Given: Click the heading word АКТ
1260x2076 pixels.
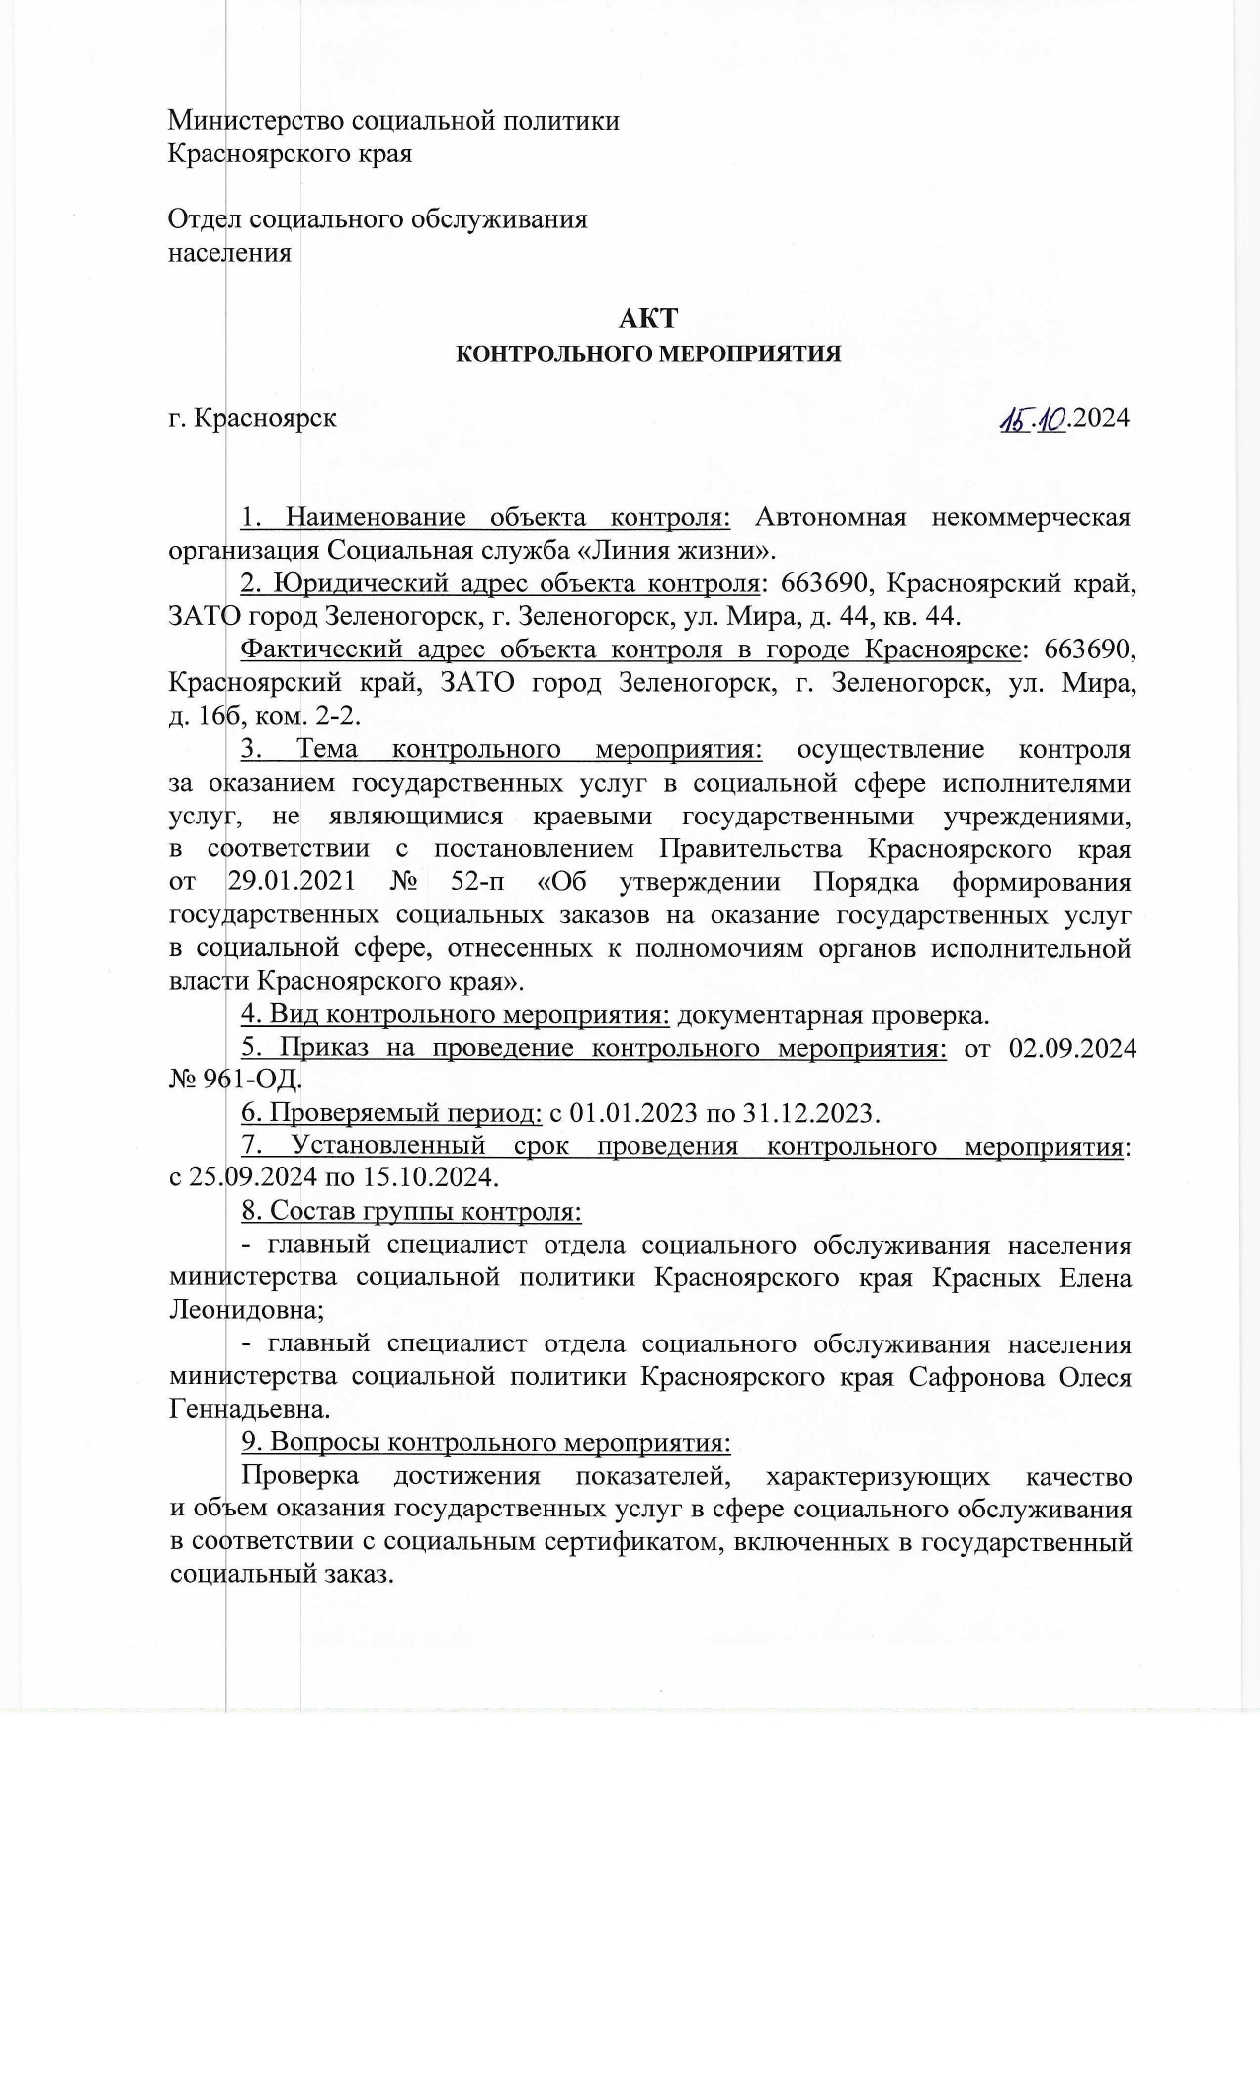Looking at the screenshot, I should pos(648,318).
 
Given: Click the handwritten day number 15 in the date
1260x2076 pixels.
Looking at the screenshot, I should pos(1013,419).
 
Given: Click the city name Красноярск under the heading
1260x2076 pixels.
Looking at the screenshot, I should pos(265,418).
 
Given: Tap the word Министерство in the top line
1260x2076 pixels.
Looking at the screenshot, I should pos(251,121).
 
